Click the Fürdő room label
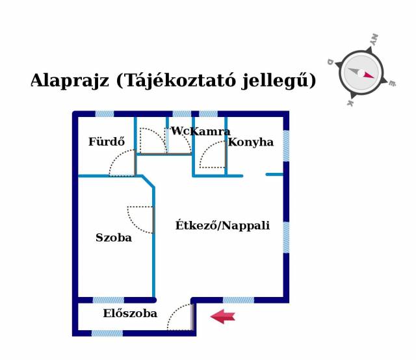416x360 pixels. (x=107, y=142)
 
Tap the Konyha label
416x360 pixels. (x=251, y=142)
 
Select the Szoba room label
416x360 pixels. (x=114, y=237)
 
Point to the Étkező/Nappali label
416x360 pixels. (x=222, y=225)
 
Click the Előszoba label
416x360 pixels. (x=130, y=313)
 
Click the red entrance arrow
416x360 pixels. (x=223, y=316)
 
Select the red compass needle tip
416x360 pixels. (x=374, y=77)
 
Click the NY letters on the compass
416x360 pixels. (x=374, y=39)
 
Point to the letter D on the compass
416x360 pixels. (x=330, y=62)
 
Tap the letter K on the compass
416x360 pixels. (x=350, y=103)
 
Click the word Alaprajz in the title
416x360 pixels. (x=70, y=80)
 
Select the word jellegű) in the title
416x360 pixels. (x=279, y=81)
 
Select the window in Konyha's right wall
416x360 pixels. (x=286, y=146)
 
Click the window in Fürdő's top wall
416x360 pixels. (x=105, y=114)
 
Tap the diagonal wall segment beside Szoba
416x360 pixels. (x=148, y=181)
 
